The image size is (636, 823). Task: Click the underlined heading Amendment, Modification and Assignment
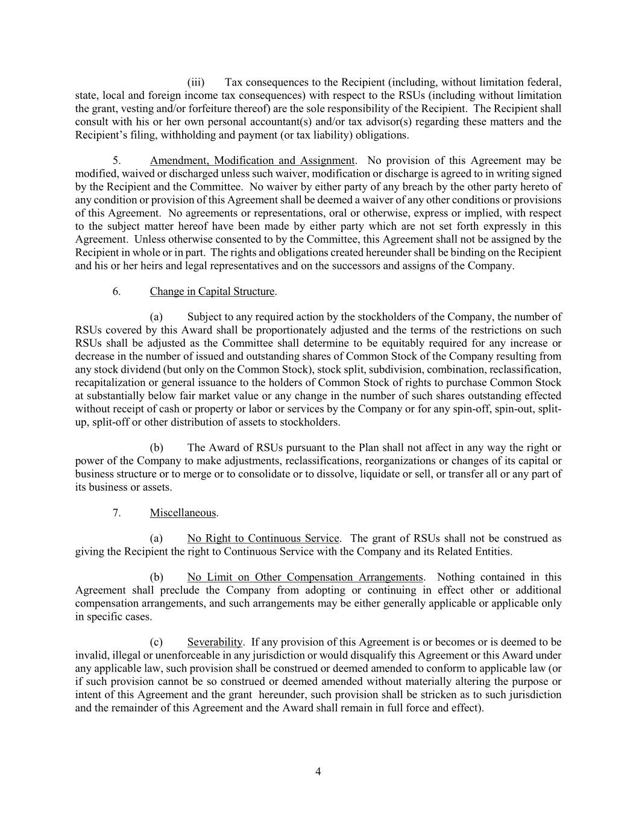[252, 160]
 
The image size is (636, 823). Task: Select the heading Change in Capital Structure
[212, 292]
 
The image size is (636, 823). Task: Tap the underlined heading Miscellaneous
[183, 513]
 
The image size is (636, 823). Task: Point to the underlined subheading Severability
[215, 642]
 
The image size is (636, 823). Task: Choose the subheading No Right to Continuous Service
[263, 538]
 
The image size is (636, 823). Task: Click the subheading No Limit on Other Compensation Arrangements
[305, 577]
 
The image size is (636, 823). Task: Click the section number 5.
[117, 160]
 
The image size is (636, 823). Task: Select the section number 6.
[117, 292]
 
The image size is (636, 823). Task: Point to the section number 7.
[117, 513]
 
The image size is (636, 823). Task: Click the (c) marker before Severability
[156, 642]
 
